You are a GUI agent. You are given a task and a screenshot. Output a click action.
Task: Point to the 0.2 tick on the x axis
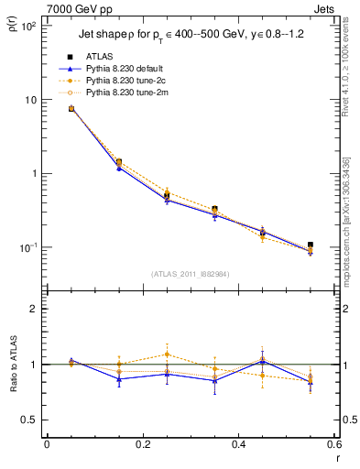(142, 446)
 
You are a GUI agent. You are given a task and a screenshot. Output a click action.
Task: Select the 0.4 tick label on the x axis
(238, 446)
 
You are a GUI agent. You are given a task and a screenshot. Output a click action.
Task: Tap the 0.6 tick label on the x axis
(333, 446)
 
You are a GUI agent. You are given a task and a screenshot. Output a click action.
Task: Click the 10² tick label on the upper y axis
(28, 27)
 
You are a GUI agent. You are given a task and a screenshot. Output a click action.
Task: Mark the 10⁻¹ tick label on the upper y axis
(28, 248)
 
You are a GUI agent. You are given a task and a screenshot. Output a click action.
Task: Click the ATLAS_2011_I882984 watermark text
(191, 272)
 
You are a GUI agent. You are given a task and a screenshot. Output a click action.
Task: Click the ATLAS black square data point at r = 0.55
(311, 245)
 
